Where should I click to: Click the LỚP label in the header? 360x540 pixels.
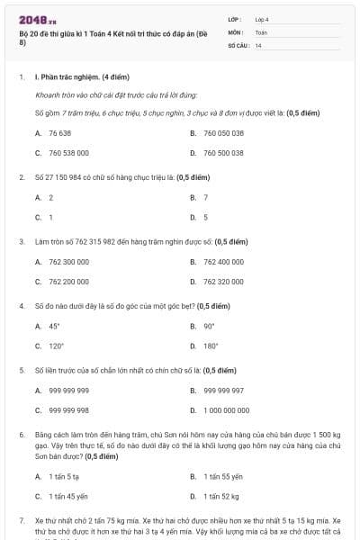tap(234, 18)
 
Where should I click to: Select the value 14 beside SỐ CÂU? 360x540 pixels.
tap(258, 44)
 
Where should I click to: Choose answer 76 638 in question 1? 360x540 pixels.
tap(59, 132)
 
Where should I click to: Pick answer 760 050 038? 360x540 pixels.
tap(223, 132)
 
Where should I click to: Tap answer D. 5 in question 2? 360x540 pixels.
tap(206, 217)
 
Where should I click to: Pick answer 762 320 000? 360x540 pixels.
tap(223, 282)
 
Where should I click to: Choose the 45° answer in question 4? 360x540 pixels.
tap(55, 326)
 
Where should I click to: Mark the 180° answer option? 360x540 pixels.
tap(211, 346)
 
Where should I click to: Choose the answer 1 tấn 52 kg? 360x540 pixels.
tap(220, 496)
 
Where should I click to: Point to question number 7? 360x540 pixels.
tap(21, 521)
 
